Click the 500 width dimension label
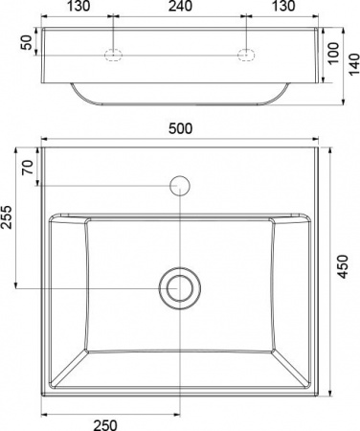point(180,128)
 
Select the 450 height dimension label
point(343,267)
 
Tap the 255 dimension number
point(7,217)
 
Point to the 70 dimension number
point(28,168)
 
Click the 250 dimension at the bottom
point(105,425)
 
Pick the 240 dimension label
point(180,6)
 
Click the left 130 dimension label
point(79,6)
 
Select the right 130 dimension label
point(283,6)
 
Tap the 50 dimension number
point(27,42)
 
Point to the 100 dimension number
point(334,53)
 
